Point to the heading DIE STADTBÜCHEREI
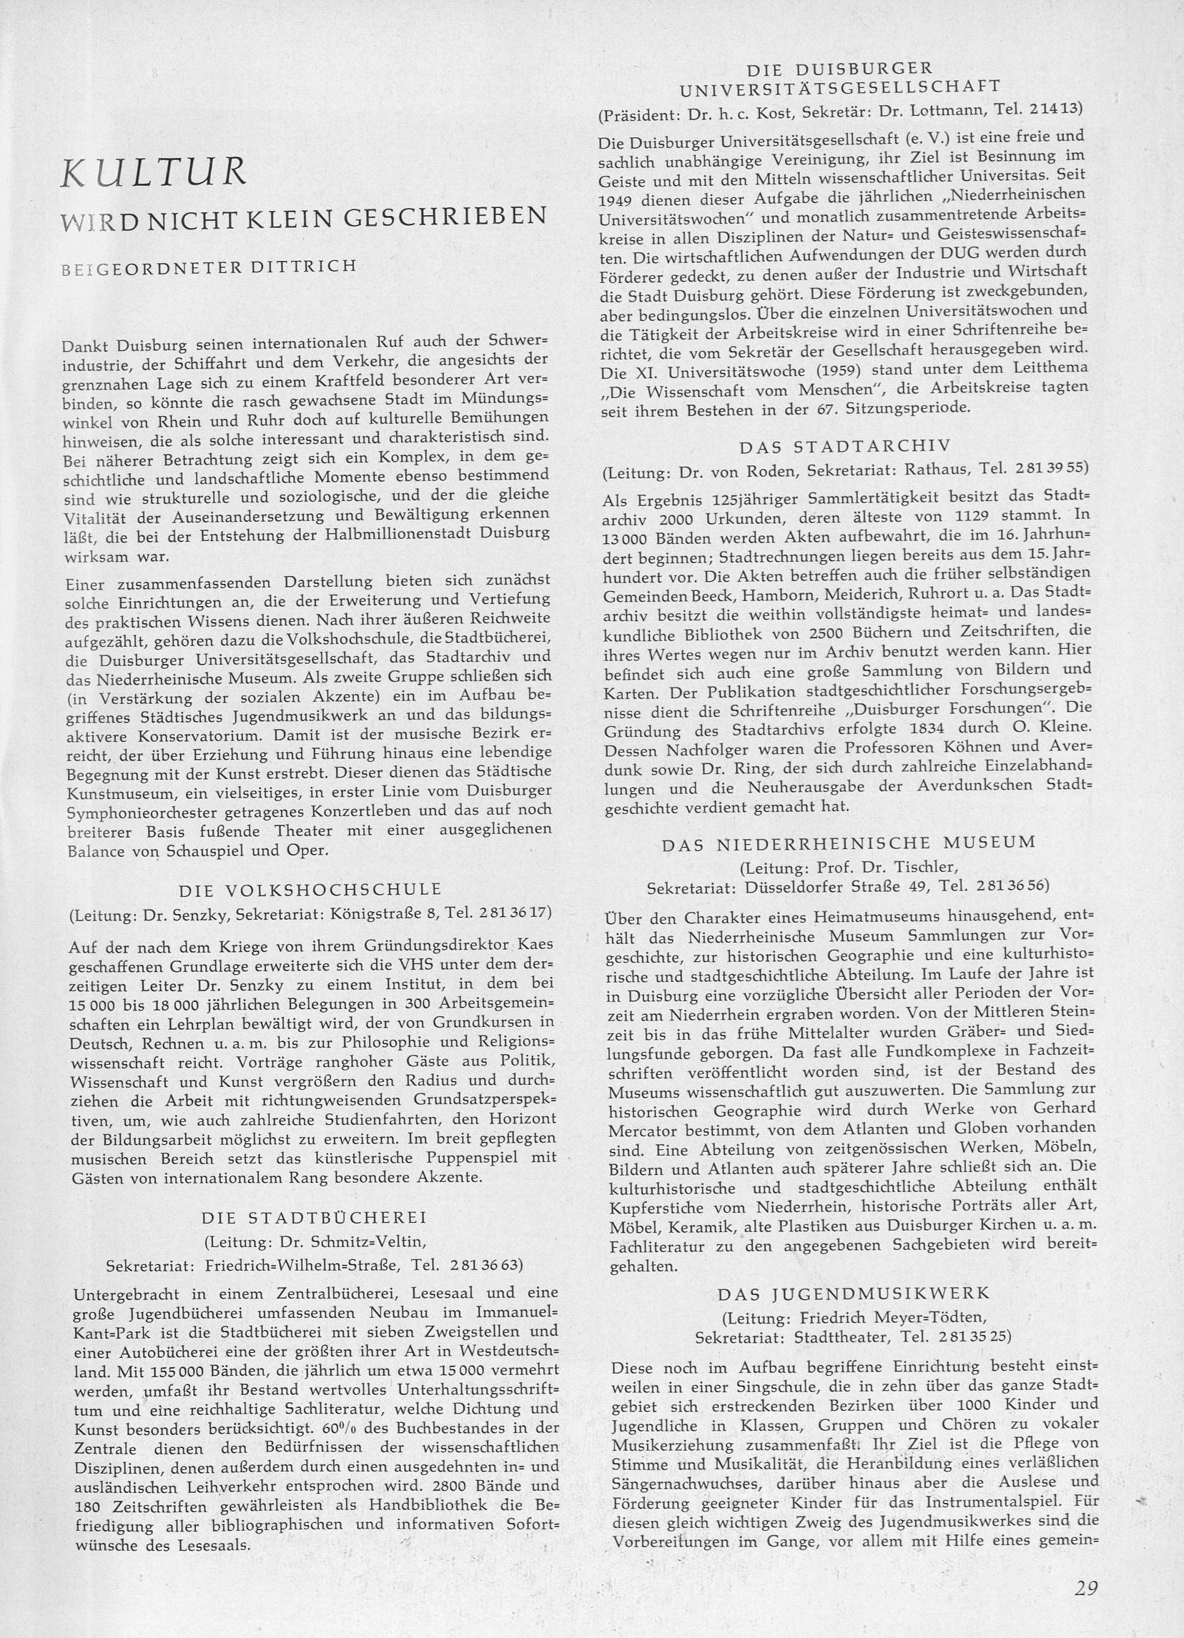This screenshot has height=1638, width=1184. pos(315,1217)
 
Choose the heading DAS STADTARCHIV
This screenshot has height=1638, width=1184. pos(845,445)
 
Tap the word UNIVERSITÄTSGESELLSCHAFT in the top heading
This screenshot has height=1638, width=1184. pos(840,87)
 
